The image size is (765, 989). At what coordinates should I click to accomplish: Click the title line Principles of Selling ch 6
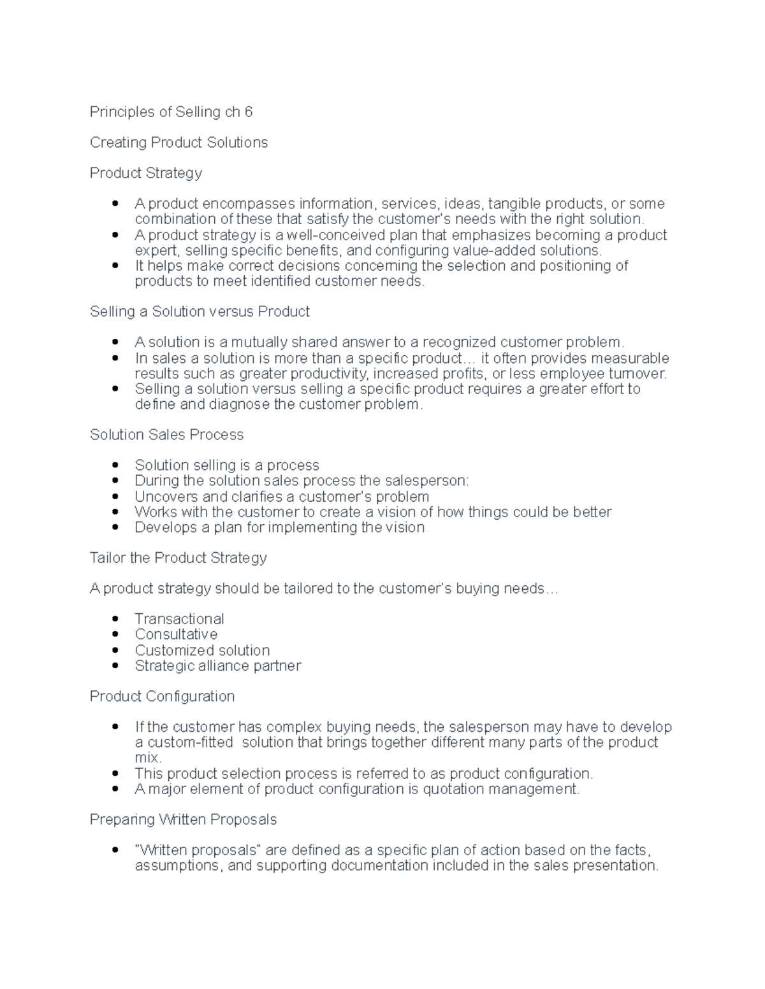tap(171, 112)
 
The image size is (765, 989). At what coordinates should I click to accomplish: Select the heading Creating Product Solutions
tap(178, 143)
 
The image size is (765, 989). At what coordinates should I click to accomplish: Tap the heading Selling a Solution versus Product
tap(200, 311)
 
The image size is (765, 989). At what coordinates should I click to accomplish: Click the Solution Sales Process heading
tap(166, 435)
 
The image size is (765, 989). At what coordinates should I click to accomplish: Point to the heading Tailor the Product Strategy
tap(178, 558)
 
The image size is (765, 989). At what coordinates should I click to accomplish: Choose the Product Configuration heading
tap(162, 697)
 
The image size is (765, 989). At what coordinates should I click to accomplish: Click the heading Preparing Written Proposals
tap(183, 820)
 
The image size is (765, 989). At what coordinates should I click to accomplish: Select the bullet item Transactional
tap(179, 619)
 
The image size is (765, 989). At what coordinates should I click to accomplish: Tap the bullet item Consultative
tap(176, 634)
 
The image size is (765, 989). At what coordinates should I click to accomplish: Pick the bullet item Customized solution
tap(202, 650)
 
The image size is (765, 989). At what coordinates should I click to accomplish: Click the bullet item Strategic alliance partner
tap(217, 665)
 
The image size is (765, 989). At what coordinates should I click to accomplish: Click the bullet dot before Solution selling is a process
tap(115, 466)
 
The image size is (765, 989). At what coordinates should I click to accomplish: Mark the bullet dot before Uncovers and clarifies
tap(115, 497)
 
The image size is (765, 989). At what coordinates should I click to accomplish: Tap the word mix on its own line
tap(147, 758)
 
